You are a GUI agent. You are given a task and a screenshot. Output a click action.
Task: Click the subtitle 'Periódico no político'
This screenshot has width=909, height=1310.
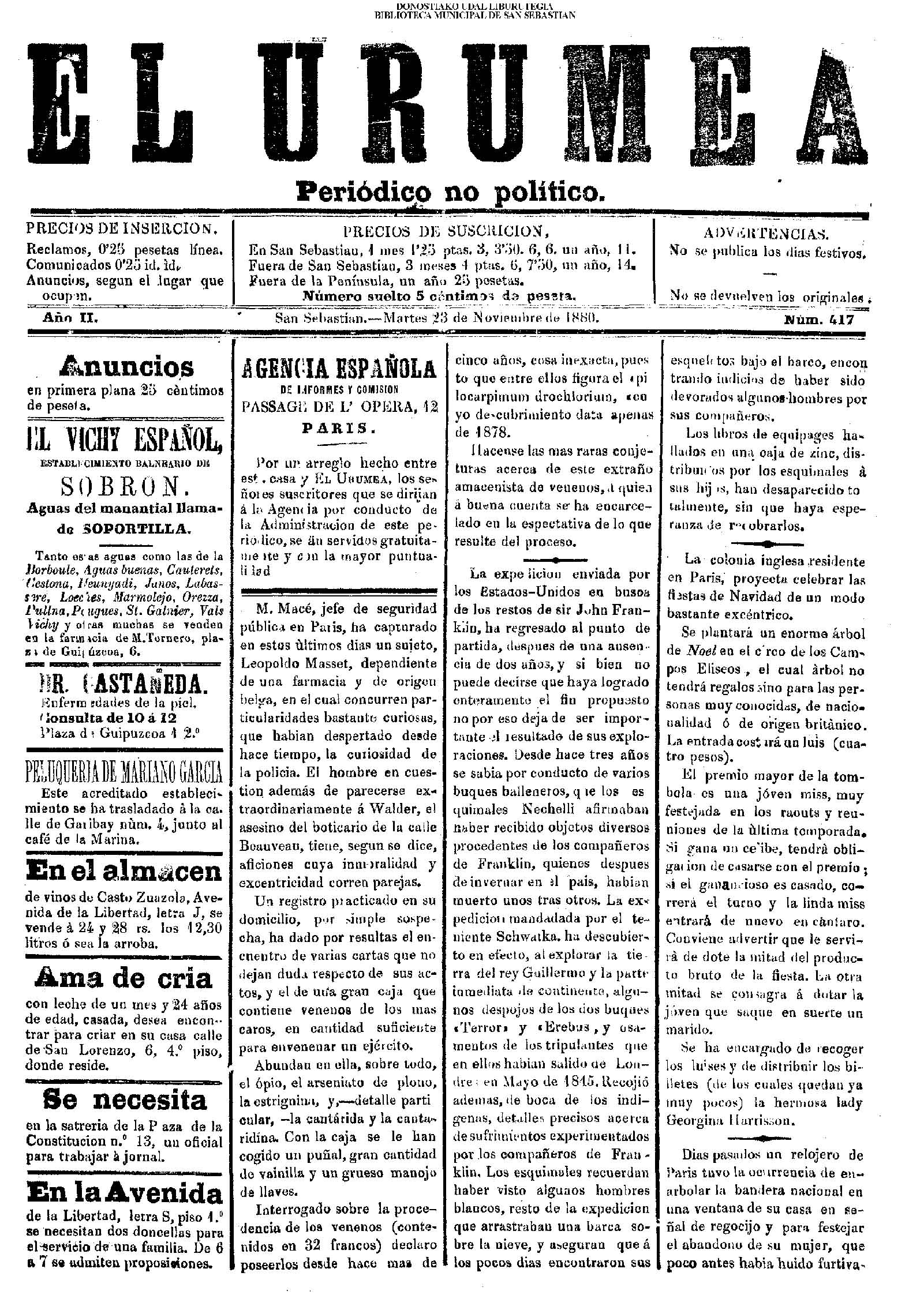click(450, 190)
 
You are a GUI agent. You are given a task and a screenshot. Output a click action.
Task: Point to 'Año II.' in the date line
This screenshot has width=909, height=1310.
click(71, 318)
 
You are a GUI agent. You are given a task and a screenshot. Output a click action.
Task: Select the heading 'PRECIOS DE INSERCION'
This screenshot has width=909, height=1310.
click(122, 229)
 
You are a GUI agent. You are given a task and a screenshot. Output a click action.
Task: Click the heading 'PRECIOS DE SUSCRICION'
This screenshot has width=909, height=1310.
click(443, 231)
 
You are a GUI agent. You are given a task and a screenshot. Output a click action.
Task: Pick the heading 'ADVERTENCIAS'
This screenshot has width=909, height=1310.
click(766, 234)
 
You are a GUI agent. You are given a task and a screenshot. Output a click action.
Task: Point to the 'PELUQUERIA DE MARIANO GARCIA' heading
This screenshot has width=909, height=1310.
click(125, 771)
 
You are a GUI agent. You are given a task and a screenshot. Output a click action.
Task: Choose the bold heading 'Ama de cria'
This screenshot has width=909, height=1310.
click(124, 979)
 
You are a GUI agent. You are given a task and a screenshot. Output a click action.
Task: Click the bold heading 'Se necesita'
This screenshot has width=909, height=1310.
click(125, 1100)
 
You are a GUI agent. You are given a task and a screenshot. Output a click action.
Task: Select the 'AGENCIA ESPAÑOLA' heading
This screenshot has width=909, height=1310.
click(339, 368)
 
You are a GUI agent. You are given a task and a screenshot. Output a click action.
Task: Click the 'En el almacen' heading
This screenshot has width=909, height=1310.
click(125, 872)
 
